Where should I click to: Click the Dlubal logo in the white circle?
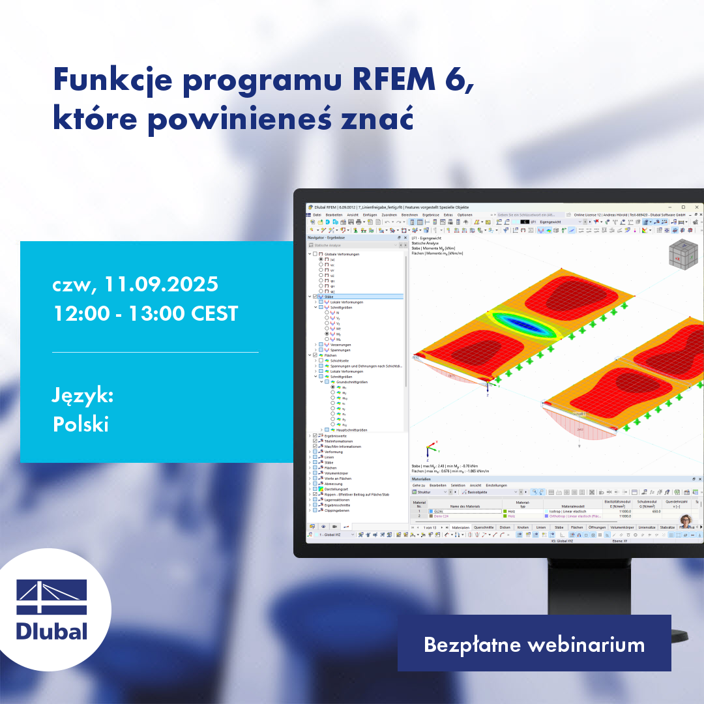point(51,609)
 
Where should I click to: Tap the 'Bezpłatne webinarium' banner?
point(534,645)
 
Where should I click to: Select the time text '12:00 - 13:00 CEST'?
point(145,313)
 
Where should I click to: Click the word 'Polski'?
point(81,424)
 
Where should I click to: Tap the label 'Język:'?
point(83,396)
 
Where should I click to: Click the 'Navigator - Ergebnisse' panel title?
point(329,238)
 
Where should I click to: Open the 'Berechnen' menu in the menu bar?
point(409,214)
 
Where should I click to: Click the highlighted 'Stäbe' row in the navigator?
point(329,297)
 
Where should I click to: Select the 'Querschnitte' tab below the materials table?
point(483,527)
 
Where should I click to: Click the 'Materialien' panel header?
point(422,479)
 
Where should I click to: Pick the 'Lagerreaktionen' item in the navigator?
point(337,499)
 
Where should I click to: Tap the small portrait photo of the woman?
point(686,520)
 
